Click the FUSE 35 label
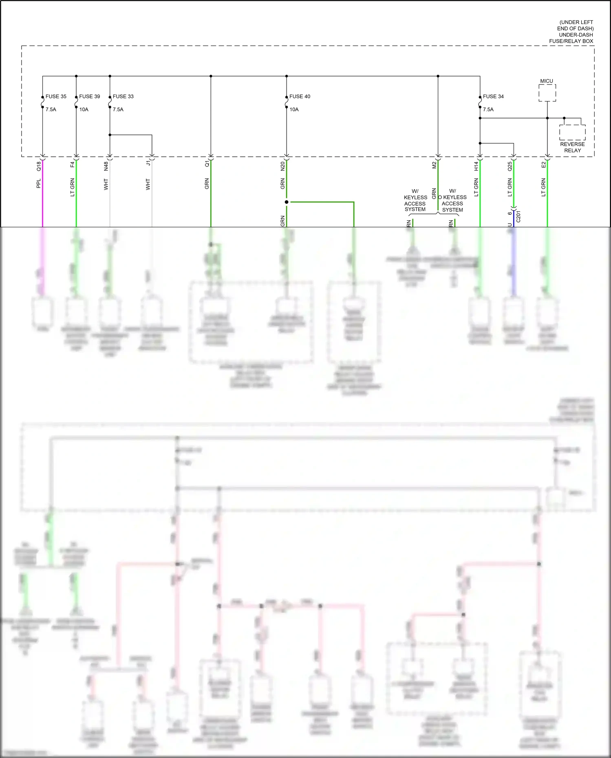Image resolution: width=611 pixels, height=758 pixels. (56, 97)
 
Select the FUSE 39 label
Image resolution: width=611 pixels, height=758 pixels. (89, 97)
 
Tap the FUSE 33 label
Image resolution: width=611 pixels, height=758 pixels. (123, 97)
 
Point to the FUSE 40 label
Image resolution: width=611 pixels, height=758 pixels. (300, 97)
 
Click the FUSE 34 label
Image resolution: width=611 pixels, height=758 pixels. (493, 97)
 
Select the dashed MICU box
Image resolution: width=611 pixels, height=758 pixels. (547, 93)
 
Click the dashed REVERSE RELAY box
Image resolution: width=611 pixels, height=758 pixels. (572, 133)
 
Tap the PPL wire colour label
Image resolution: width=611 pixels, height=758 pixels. (39, 184)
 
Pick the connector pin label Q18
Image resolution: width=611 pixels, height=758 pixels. (39, 166)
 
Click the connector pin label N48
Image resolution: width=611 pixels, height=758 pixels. (106, 166)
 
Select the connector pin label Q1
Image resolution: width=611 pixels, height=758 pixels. (207, 163)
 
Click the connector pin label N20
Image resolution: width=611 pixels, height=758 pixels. (282, 166)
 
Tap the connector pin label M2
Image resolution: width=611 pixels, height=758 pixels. (434, 165)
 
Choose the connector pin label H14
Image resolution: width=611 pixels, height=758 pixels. (476, 166)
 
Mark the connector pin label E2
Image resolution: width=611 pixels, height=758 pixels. (543, 165)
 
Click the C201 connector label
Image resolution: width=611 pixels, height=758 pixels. (518, 216)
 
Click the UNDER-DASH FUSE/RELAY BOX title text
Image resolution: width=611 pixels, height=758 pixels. (571, 38)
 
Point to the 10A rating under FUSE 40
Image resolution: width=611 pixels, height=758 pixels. (294, 110)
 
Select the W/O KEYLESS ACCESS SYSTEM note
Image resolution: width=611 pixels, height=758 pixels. (452, 200)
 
